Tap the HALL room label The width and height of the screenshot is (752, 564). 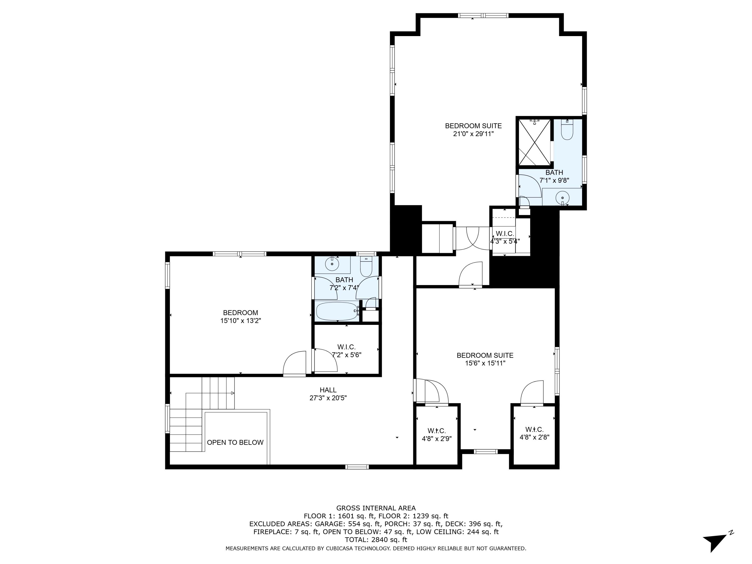pos(328,390)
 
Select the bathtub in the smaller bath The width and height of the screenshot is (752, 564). pos(337,311)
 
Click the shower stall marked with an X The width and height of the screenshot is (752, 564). pos(534,142)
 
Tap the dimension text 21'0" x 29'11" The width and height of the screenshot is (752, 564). pos(473,134)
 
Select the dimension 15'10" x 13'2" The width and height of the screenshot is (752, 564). pos(240,321)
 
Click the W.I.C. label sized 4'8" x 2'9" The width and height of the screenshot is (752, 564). pos(436,431)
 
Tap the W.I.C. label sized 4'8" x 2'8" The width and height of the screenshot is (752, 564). pos(534,429)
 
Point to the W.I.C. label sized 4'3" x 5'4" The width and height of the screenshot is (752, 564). pos(505,234)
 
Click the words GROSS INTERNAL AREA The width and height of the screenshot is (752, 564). pos(376,508)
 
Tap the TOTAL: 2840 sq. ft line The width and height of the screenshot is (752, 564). pos(376,539)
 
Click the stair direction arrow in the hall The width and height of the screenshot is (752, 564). pos(233,393)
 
